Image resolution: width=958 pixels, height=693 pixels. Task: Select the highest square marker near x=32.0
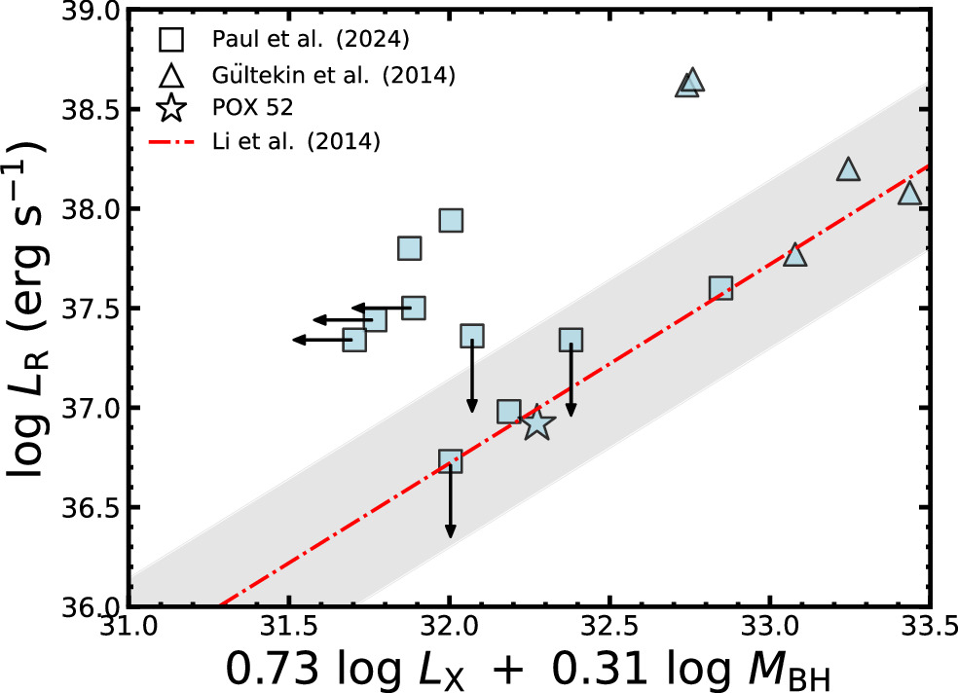[450, 221]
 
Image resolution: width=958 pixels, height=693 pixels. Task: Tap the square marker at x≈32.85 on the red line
[720, 288]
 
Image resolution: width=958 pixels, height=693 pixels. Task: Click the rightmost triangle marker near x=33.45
[909, 193]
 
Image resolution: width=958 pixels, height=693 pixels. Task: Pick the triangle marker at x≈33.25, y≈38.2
[849, 170]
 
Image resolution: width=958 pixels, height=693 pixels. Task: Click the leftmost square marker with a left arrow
[354, 340]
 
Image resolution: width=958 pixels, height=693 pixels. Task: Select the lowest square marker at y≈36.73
[450, 461]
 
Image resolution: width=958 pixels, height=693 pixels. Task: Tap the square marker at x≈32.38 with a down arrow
[571, 339]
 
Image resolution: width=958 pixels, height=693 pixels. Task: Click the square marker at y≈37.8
[409, 248]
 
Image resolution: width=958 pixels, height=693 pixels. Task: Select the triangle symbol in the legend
[171, 74]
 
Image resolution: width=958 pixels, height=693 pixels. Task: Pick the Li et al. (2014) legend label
[295, 141]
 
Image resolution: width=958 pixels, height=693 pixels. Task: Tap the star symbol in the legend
[171, 108]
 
